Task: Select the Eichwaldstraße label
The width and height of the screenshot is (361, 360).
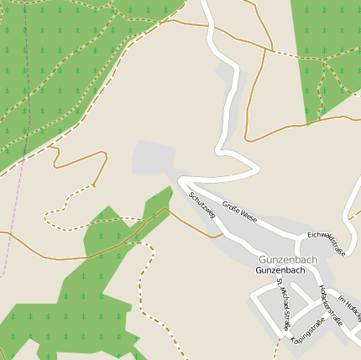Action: click(327, 243)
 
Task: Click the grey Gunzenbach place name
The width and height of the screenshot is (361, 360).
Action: click(288, 260)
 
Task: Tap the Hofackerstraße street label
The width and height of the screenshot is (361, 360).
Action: click(331, 304)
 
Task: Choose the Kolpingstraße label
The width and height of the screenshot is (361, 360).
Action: click(306, 331)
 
